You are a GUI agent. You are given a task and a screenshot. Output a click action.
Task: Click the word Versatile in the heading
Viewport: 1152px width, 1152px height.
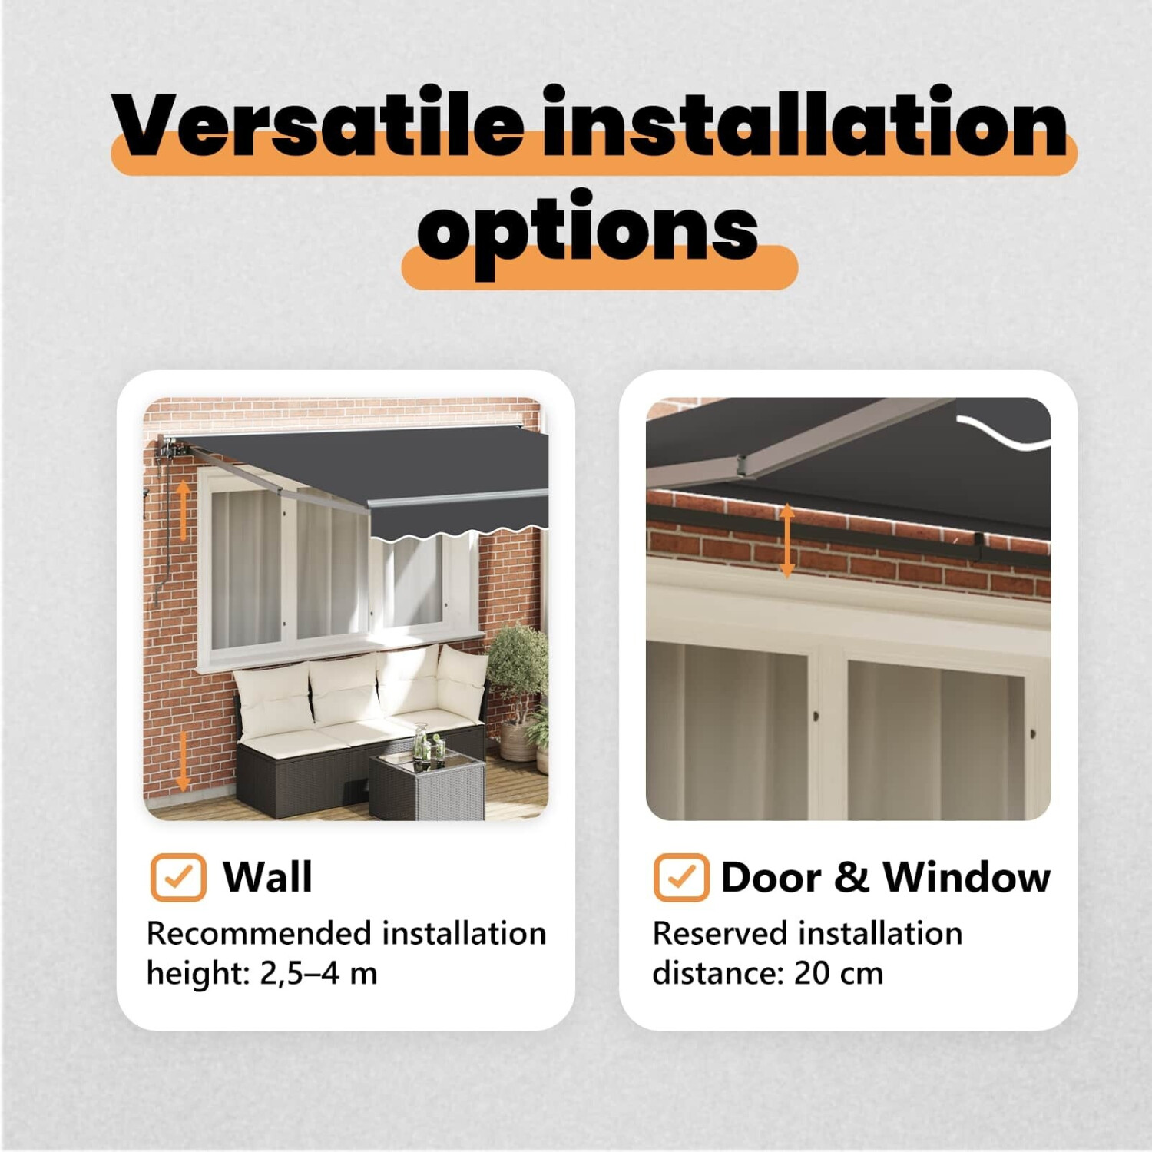click(x=319, y=123)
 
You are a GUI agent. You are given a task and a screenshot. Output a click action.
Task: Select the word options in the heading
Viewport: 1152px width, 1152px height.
click(x=588, y=230)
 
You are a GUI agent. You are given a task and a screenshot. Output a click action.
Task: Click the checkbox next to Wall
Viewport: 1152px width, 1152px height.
click(x=178, y=877)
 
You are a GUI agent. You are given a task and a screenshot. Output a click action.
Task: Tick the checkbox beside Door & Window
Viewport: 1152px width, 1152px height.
click(x=681, y=877)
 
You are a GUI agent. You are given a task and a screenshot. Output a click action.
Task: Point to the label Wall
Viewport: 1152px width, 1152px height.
click(x=268, y=877)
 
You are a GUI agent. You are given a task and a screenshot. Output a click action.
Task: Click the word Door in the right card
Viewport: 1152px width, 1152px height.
click(x=771, y=877)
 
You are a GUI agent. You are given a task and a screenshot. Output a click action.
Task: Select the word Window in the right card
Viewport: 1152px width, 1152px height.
click(x=966, y=877)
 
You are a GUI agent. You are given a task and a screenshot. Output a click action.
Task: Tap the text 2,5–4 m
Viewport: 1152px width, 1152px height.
click(x=319, y=974)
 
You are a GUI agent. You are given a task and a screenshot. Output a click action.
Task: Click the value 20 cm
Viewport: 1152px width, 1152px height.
click(x=839, y=974)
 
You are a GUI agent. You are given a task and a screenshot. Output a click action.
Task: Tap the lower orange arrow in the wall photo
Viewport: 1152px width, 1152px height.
click(x=182, y=761)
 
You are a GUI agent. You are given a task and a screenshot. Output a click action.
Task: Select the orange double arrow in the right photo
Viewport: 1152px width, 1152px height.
click(x=786, y=541)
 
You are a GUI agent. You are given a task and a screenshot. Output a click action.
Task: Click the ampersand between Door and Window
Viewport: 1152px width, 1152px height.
click(x=851, y=877)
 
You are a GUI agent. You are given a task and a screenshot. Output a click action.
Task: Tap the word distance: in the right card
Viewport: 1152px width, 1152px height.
click(x=718, y=974)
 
